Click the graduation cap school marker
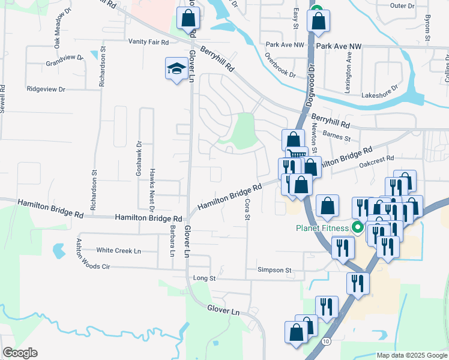[x=175, y=69]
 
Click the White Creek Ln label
[x=118, y=250]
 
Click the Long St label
[x=204, y=278]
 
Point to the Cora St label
[x=247, y=209]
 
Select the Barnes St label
[x=336, y=137]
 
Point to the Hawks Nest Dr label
[x=152, y=175]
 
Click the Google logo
[x=20, y=353]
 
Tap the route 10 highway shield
[x=325, y=341]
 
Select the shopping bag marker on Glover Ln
[x=188, y=19]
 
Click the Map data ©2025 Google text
[x=411, y=355]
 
